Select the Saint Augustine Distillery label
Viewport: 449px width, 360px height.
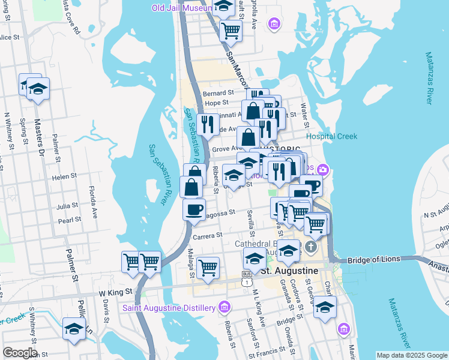(x=169, y=308)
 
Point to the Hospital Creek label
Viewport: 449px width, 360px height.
(x=331, y=136)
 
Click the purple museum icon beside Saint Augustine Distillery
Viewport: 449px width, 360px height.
(x=225, y=307)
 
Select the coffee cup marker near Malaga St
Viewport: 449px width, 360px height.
(x=194, y=210)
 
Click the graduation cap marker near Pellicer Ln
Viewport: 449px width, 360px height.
(x=74, y=329)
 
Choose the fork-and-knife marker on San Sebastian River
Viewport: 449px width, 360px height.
(x=208, y=125)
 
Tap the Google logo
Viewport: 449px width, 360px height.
(x=20, y=353)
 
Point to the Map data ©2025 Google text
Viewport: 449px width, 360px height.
(x=411, y=355)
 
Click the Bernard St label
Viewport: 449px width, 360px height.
(x=218, y=93)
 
